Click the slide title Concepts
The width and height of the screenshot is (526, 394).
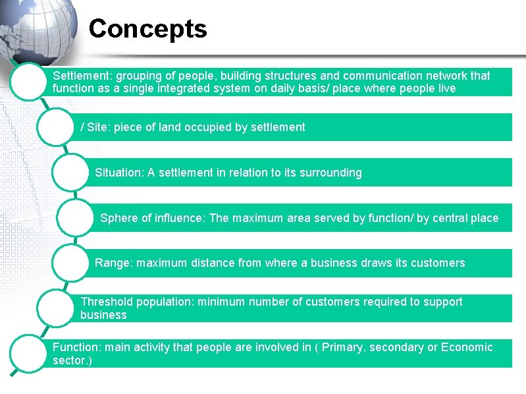point(147,29)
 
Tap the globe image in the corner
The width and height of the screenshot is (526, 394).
point(36,26)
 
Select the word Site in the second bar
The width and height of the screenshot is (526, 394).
point(97,127)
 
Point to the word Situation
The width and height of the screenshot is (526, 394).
point(118,173)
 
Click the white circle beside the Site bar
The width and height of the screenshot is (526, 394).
point(61,127)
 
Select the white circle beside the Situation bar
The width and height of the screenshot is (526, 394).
point(75,173)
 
